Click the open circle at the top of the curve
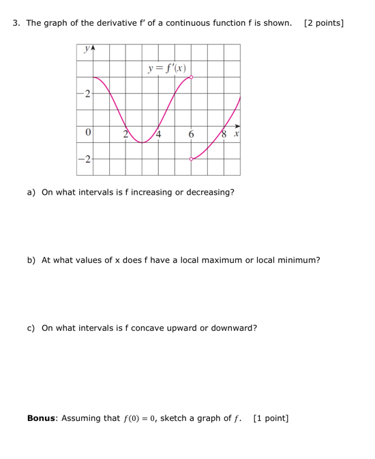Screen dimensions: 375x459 [191, 77]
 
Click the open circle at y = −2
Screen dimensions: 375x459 [191, 159]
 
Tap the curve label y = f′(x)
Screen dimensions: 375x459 [166, 68]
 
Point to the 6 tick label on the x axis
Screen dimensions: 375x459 [192, 135]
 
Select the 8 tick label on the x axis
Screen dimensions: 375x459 [224, 134]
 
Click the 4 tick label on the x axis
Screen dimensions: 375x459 [159, 134]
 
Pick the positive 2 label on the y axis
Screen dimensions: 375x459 [87, 94]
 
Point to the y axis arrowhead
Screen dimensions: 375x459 [93, 49]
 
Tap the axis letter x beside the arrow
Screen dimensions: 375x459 [235, 135]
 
